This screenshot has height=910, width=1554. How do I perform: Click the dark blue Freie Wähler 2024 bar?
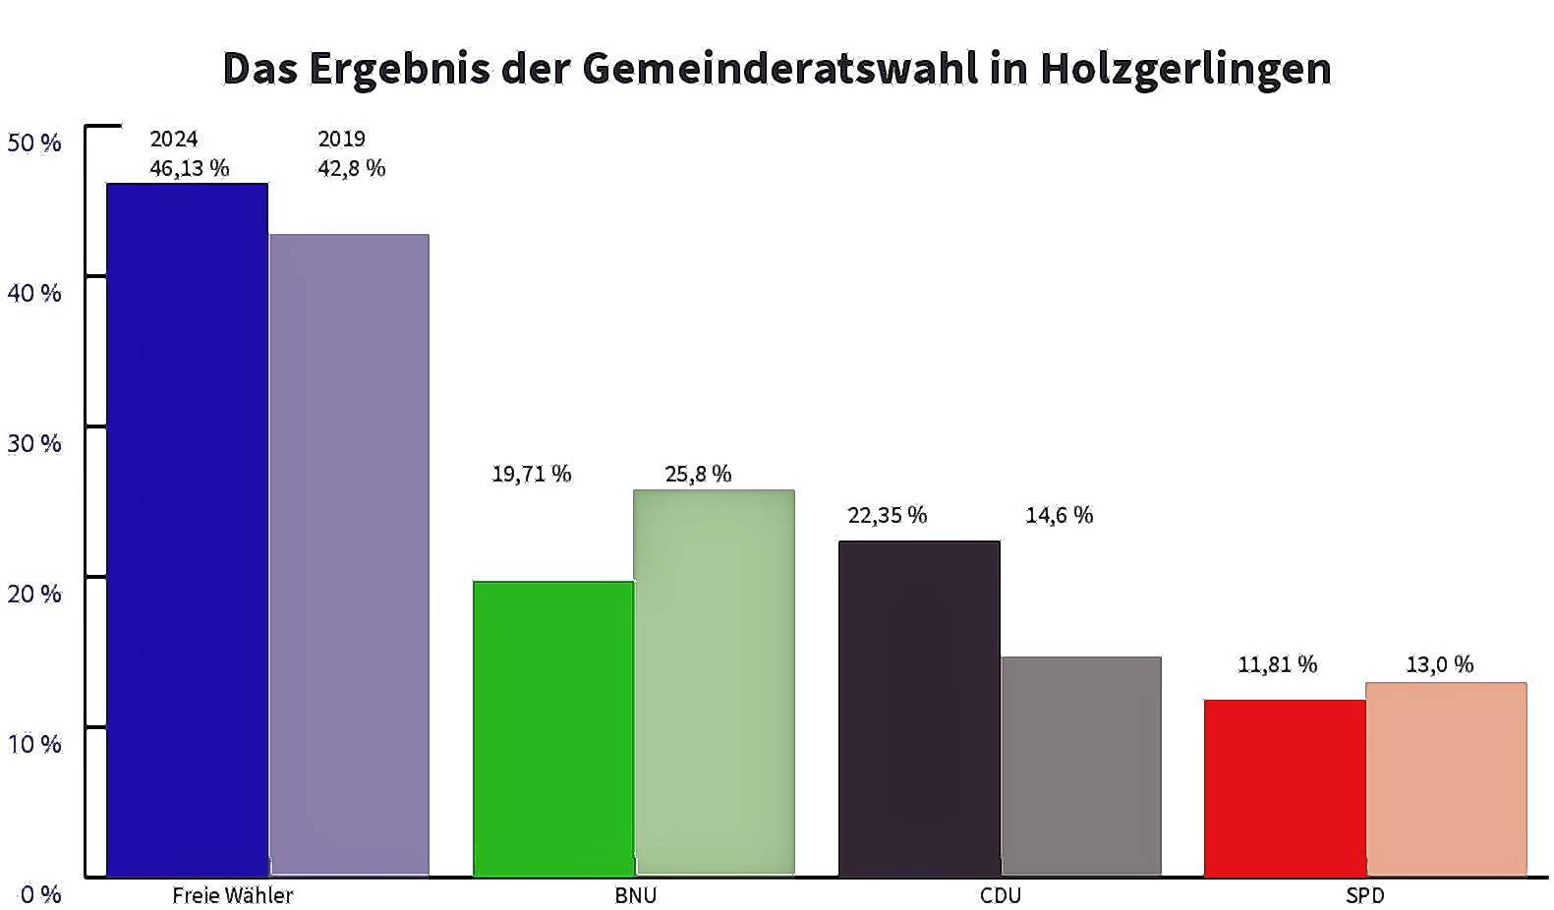[x=188, y=530]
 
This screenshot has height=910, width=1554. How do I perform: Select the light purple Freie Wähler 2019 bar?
[x=349, y=555]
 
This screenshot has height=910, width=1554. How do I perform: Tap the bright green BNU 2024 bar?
[x=553, y=729]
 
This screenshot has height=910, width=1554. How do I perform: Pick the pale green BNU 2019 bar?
[x=715, y=682]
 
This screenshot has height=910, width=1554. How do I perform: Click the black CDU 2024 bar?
[x=919, y=709]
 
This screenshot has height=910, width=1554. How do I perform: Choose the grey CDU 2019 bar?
[x=1081, y=766]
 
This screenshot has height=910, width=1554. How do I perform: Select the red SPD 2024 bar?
[x=1285, y=788]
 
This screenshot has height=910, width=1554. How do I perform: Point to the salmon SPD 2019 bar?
[x=1447, y=779]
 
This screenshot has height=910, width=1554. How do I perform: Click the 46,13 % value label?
[x=190, y=169]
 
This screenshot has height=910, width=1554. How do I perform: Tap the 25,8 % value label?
[x=698, y=474]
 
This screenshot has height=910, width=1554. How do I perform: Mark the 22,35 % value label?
[x=888, y=515]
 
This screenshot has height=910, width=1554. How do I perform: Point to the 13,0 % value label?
[x=1440, y=664]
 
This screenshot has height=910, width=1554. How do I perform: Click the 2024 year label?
[x=174, y=139]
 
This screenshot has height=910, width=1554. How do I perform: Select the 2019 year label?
[x=341, y=139]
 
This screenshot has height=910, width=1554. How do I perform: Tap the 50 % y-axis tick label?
[x=34, y=142]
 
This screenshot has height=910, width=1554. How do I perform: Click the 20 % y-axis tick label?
[x=34, y=594]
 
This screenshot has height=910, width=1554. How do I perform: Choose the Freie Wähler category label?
[x=232, y=895]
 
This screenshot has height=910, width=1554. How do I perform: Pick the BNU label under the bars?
[x=636, y=895]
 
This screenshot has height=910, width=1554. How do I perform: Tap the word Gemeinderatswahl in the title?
[x=780, y=68]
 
